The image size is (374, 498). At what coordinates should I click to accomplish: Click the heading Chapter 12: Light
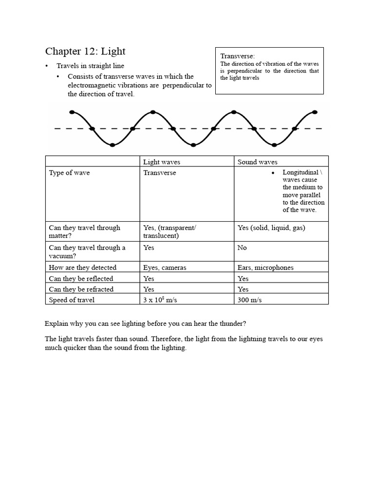coord(85,51)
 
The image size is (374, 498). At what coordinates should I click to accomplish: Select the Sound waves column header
coord(258,162)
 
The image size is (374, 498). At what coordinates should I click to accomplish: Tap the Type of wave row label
coord(69,173)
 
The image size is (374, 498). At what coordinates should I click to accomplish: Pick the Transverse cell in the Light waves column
coord(160,173)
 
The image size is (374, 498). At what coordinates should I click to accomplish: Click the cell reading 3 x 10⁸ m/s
coord(160,300)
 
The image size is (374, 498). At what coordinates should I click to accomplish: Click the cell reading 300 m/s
coord(249,300)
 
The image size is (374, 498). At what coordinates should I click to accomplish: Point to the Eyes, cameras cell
coord(165,267)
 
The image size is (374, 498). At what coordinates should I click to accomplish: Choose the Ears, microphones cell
coord(265,267)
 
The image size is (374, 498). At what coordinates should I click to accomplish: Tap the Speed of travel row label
coord(72,300)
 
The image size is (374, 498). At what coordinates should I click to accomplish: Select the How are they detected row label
coord(83,267)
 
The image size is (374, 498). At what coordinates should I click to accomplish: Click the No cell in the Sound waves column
coord(242,248)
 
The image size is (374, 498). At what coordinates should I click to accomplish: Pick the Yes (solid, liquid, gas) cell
coord(271,228)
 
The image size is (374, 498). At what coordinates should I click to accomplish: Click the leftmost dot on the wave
coord(72,112)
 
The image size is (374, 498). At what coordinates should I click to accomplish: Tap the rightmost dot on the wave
coord(315,112)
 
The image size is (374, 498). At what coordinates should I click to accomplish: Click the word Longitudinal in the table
coord(300,173)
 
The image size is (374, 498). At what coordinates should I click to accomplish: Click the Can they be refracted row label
coord(81,289)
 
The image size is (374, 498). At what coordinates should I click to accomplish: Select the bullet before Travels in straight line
coord(47,66)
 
